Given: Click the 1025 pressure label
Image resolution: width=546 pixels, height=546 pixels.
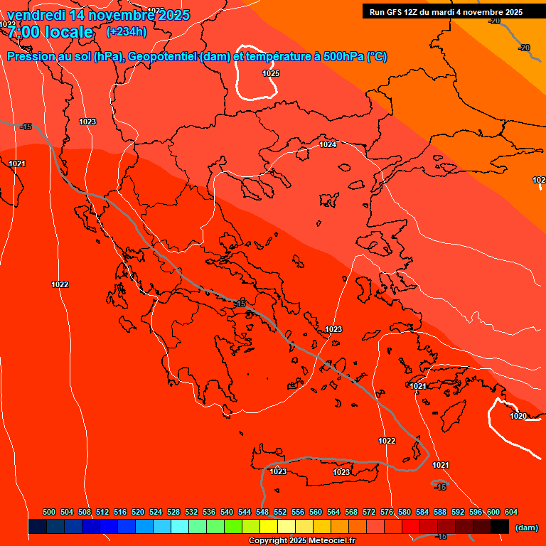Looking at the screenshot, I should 271,73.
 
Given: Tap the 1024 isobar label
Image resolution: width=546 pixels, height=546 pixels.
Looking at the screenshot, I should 328,144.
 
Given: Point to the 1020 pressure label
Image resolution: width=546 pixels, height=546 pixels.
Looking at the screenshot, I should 519,416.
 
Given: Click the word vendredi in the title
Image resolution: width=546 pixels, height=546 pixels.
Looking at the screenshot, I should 36,15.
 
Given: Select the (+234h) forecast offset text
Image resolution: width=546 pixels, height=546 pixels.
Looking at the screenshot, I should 127,31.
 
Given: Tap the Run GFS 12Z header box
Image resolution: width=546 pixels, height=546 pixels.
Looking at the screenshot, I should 446,11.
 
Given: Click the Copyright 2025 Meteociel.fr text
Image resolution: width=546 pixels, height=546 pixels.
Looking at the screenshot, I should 302,541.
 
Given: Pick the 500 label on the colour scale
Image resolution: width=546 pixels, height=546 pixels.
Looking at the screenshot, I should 49,512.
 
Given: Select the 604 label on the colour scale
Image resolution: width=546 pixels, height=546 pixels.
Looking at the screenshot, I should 511,512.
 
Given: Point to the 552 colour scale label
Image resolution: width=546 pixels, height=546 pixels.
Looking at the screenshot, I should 280,512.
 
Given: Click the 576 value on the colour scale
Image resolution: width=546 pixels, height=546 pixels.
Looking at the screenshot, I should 387,512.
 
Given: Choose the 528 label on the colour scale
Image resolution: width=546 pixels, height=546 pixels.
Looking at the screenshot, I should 173,512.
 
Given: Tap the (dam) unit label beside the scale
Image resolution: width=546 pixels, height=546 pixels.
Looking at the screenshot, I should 526,528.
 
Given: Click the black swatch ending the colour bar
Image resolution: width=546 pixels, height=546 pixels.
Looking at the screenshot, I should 500,527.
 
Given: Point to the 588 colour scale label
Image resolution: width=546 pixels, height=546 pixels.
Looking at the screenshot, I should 440,512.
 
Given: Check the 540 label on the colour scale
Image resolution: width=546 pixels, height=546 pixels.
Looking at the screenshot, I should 227,512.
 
